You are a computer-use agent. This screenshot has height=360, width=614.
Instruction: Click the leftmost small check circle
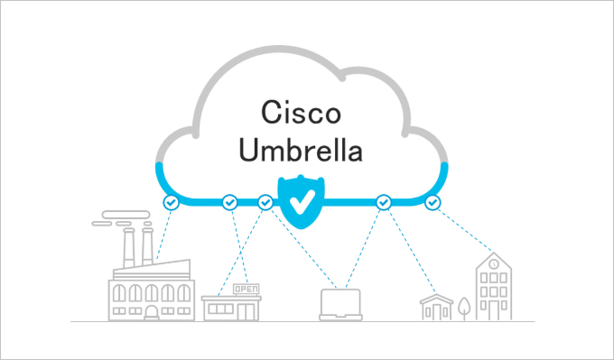click(171, 202)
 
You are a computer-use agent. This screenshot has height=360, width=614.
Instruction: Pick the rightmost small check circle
click(433, 202)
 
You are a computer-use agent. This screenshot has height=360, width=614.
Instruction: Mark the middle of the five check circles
click(265, 202)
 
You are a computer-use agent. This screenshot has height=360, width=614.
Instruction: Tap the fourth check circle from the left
click(383, 202)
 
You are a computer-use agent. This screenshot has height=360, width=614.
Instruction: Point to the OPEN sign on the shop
click(245, 289)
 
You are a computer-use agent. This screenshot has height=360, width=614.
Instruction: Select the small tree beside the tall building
click(464, 308)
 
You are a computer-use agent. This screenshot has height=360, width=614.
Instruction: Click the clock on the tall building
click(493, 263)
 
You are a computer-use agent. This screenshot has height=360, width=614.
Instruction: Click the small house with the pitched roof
click(436, 306)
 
